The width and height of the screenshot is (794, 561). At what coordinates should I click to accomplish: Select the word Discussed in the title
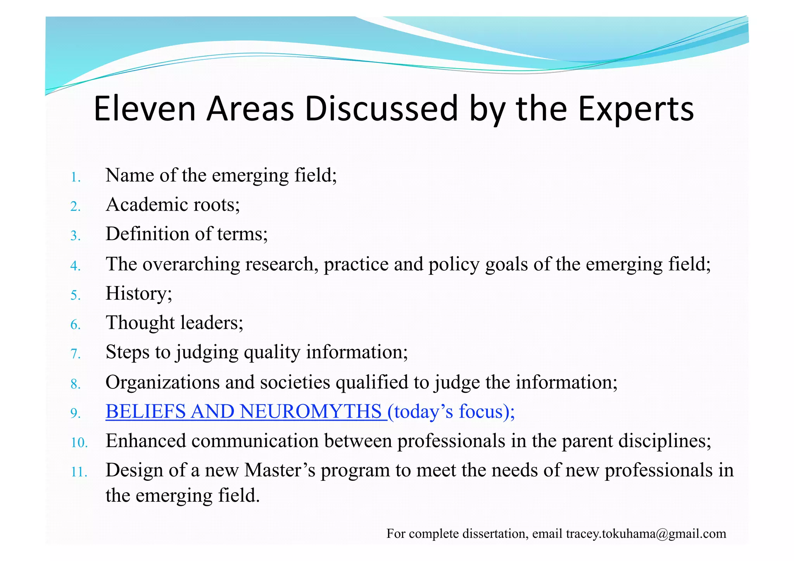coord(381,109)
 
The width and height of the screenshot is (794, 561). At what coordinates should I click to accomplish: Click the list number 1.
coord(75,178)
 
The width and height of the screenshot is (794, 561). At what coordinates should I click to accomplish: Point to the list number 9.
coord(75,414)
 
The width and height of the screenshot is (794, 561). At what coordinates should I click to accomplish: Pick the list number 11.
coord(79,472)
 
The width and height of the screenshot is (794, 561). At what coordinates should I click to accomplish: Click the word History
coord(138,293)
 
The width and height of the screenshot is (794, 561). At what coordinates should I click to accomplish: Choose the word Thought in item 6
coord(140,323)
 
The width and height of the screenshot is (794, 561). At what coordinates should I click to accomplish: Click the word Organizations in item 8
coord(162,382)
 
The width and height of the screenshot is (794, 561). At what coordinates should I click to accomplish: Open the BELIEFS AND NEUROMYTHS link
coord(246,411)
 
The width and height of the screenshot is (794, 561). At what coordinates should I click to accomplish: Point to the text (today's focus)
coord(451,412)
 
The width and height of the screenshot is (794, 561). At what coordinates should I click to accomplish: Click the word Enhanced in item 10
coord(146,441)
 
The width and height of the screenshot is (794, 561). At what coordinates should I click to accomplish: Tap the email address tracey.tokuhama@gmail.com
coord(646,534)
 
